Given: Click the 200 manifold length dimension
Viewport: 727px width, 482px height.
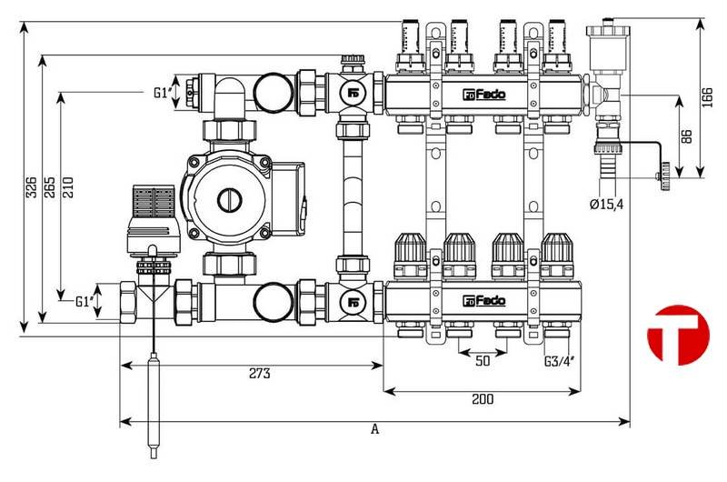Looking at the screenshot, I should tap(482, 399).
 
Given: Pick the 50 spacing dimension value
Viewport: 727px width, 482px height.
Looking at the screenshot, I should tap(482, 361).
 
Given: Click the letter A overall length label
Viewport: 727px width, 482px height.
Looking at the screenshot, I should tap(374, 430).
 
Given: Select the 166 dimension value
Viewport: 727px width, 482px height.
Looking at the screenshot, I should tap(709, 95).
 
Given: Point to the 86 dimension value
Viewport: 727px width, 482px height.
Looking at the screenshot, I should tap(686, 136).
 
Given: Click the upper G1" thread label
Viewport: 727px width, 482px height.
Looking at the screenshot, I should tap(164, 92).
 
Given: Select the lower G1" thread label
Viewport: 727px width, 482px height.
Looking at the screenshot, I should tap(85, 300).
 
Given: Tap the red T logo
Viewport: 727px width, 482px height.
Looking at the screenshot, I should tap(677, 335).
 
